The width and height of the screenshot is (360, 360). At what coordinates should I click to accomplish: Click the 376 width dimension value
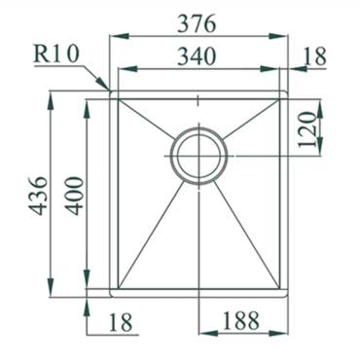coord(197,24)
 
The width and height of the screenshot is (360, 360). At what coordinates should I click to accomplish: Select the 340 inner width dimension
coord(197,56)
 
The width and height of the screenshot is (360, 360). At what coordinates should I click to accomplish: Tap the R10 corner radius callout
coord(56,54)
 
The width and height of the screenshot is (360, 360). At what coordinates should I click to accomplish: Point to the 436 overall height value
coord(39,196)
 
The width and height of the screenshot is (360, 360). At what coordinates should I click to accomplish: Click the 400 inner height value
coord(75,196)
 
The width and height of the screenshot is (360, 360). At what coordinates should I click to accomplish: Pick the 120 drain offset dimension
coord(306,129)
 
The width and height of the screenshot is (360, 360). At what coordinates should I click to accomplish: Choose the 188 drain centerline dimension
coord(240,320)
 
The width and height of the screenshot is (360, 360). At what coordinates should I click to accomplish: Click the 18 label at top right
coord(314,56)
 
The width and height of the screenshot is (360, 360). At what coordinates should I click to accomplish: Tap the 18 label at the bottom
coord(121,322)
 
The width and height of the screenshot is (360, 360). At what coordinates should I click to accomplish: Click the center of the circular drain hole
coord(198,156)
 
